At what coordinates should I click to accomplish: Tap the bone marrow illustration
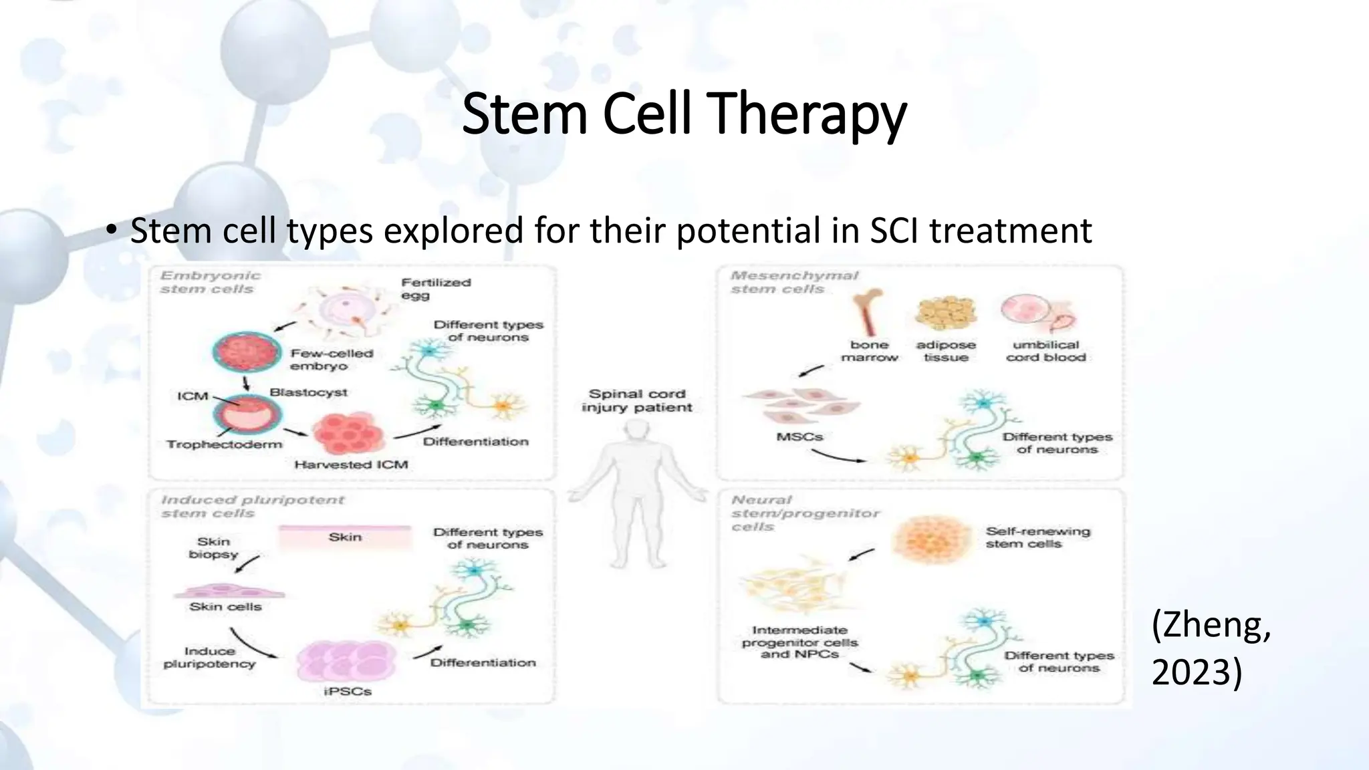point(868,311)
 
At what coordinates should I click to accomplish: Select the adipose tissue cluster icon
point(945,313)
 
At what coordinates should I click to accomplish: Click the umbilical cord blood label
point(1045,351)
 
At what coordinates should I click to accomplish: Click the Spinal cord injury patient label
point(636,400)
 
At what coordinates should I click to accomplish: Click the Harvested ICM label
point(351,464)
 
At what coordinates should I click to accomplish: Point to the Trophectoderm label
point(224,444)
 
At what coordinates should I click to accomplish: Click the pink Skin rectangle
point(344,537)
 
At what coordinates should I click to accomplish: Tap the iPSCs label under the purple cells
point(347,691)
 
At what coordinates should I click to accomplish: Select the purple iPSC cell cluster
point(346,660)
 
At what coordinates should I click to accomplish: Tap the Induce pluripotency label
point(209,657)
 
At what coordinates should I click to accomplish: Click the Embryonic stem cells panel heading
point(209,282)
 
